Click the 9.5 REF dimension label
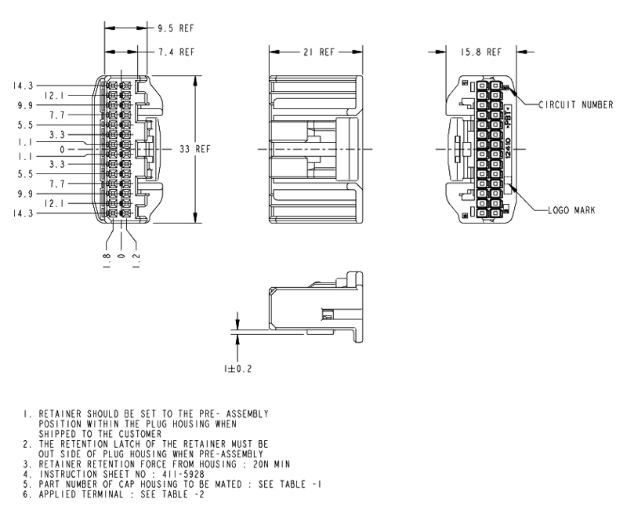tap(176, 28)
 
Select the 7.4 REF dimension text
tap(176, 53)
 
